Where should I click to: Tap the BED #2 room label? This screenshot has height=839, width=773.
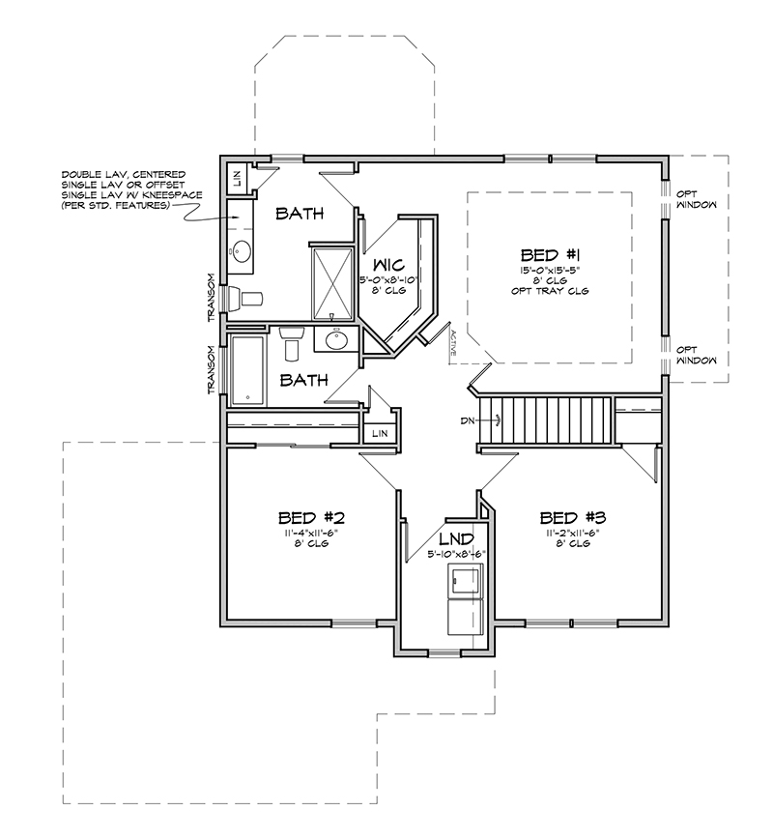click(x=311, y=518)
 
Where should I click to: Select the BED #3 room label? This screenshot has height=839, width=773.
click(x=572, y=518)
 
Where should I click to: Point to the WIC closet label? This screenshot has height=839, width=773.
click(x=388, y=265)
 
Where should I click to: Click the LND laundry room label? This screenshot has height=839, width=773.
click(x=456, y=538)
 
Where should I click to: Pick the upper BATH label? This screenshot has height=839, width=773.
click(x=300, y=214)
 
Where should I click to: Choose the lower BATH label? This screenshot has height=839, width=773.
click(x=303, y=381)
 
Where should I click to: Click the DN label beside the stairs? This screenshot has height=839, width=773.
click(x=467, y=421)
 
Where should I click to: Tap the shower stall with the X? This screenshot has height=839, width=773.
click(x=332, y=284)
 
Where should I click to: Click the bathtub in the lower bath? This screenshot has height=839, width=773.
click(x=247, y=370)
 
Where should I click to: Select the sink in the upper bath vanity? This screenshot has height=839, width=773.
click(x=242, y=251)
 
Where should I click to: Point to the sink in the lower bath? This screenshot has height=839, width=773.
click(x=337, y=339)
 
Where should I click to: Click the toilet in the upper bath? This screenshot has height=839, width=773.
click(x=244, y=299)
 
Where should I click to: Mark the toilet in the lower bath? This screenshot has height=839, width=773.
click(x=292, y=342)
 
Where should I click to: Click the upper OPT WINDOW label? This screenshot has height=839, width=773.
click(x=697, y=199)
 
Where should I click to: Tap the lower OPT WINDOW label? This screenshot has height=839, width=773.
click(x=697, y=356)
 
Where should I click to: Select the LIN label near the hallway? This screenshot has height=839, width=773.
click(x=380, y=433)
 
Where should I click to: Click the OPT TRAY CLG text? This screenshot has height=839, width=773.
click(x=550, y=291)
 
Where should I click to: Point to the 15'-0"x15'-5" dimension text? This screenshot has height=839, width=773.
click(x=550, y=271)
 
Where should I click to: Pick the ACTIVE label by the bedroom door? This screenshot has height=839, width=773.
click(x=453, y=343)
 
